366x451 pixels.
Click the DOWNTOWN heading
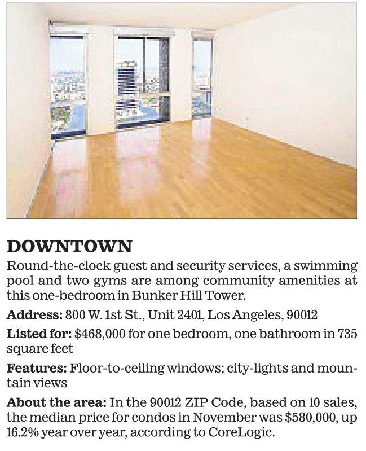(x=69, y=247)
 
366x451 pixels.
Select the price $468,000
(x=100, y=334)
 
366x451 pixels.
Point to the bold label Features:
(x=36, y=369)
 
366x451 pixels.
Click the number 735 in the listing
(x=347, y=334)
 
